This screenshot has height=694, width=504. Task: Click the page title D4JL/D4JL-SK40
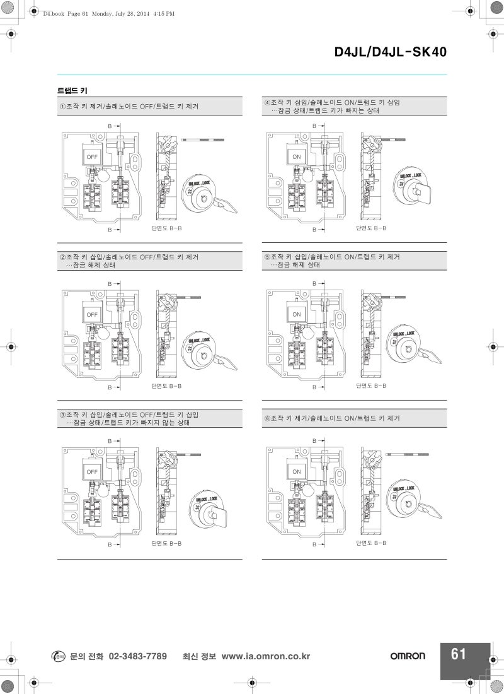pyautogui.click(x=390, y=52)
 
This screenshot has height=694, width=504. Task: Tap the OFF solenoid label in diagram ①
pyautogui.click(x=92, y=156)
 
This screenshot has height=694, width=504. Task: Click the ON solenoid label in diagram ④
pyautogui.click(x=297, y=156)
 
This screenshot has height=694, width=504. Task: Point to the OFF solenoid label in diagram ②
pyautogui.click(x=92, y=314)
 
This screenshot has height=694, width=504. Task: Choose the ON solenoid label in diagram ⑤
pyautogui.click(x=297, y=314)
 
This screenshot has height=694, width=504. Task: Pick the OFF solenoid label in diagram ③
pyautogui.click(x=92, y=471)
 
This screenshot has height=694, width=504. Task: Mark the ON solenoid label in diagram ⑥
pyautogui.click(x=297, y=471)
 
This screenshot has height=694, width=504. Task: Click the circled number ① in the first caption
pyautogui.click(x=62, y=106)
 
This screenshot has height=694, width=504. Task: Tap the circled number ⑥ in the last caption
pyautogui.click(x=267, y=418)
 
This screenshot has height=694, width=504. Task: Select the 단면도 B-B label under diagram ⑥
pyautogui.click(x=371, y=542)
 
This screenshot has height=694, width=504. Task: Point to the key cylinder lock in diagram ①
pyautogui.click(x=202, y=197)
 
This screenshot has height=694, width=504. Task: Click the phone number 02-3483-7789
pyautogui.click(x=137, y=656)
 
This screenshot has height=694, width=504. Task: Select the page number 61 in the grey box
pyautogui.click(x=459, y=654)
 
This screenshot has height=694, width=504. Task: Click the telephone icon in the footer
pyautogui.click(x=57, y=656)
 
